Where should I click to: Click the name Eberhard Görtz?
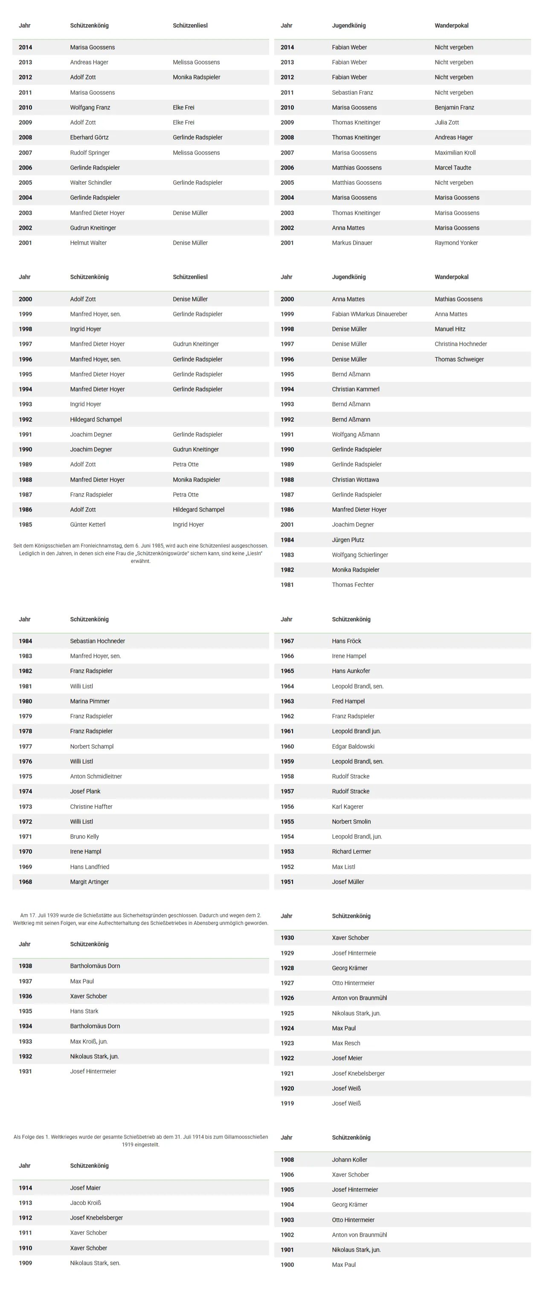pos(89,137)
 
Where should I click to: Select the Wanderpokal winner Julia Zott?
pos(446,123)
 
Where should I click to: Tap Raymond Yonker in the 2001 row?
pos(456,243)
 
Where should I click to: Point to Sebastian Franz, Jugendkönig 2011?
pos(352,92)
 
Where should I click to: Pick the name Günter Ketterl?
pos(88,525)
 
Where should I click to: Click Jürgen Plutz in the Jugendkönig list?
pos(348,540)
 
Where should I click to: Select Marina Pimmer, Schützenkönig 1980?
pos(90,701)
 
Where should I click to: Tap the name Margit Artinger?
pos(89,881)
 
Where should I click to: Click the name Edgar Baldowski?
pos(353,746)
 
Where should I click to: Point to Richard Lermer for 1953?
pos(351,851)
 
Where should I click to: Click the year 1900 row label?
pos(287,1264)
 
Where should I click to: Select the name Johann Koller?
pos(349,1159)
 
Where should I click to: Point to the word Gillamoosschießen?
pos(246,1137)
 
